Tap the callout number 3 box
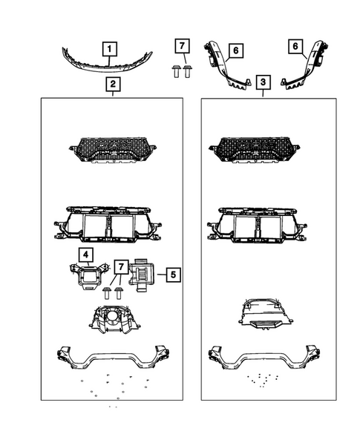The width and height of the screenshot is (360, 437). click(264, 81)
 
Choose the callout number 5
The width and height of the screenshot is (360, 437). click(171, 275)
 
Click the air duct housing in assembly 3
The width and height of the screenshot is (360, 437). click(259, 312)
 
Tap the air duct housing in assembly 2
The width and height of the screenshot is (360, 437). click(113, 319)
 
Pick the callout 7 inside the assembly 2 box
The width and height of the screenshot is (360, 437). click(118, 267)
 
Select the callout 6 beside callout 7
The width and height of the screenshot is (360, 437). click(235, 50)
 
